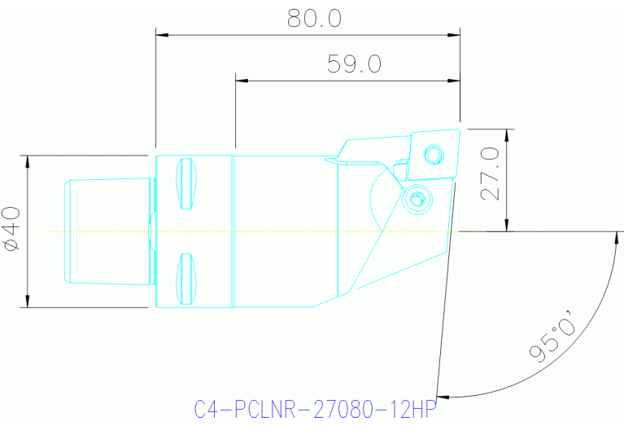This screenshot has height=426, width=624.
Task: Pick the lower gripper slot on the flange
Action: [x=186, y=278]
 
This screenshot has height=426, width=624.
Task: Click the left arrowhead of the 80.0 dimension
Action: [x=161, y=35]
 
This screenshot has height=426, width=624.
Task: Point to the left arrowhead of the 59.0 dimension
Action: [x=241, y=81]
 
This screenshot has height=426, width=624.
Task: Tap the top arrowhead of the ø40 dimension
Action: [x=28, y=160]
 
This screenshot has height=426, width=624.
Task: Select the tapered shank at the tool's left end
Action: [x=106, y=231]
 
